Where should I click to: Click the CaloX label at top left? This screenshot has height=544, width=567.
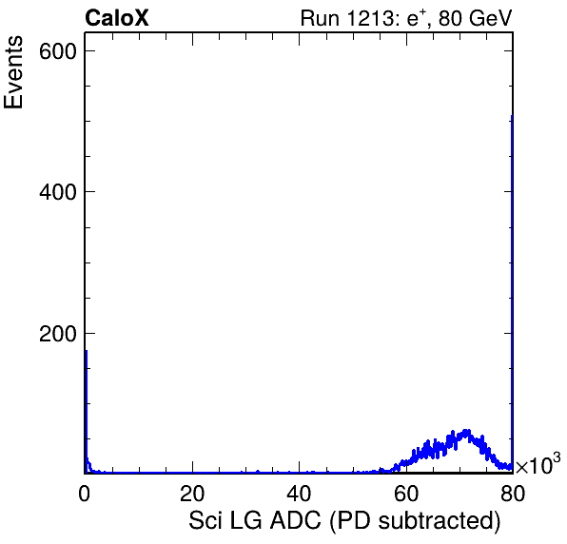pyautogui.click(x=117, y=18)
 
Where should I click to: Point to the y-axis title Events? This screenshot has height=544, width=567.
pyautogui.click(x=13, y=72)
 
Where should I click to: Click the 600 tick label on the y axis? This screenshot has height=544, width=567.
pyautogui.click(x=58, y=51)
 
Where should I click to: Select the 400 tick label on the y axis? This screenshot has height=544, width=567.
pyautogui.click(x=58, y=192)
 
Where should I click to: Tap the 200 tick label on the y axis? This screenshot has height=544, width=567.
pyautogui.click(x=58, y=334)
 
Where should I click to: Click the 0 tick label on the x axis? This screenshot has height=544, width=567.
pyautogui.click(x=85, y=494)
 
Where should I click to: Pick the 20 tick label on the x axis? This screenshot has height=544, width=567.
pyautogui.click(x=192, y=494)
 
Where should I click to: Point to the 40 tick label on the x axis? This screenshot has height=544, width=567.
pyautogui.click(x=299, y=494)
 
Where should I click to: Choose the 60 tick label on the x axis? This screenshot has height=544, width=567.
pyautogui.click(x=406, y=494)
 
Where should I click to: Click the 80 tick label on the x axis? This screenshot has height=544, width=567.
pyautogui.click(x=513, y=494)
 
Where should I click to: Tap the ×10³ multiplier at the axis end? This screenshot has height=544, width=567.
pyautogui.click(x=538, y=463)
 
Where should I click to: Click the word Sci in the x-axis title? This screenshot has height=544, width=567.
pyautogui.click(x=205, y=521)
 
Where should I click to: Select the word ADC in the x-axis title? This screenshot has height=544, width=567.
pyautogui.click(x=296, y=521)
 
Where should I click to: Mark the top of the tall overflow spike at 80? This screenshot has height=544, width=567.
pyautogui.click(x=512, y=116)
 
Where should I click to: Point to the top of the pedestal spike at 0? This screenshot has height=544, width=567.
pyautogui.click(x=86, y=351)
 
